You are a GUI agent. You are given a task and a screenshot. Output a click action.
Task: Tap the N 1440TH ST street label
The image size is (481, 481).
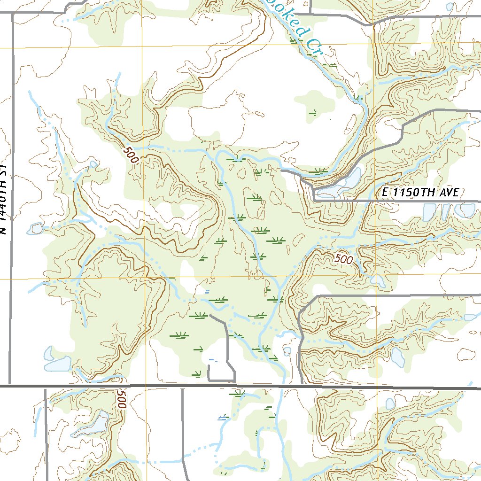pos(4,200)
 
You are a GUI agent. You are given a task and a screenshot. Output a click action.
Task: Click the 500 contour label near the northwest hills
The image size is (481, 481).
pos(131,155)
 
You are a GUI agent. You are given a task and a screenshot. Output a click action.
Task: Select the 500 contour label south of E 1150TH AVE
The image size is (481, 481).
pos(344,259)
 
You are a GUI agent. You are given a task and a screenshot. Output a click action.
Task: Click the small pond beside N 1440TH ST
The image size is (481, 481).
pos(36,229)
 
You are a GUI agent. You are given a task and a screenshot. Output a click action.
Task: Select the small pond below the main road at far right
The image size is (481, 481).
pos(390,403)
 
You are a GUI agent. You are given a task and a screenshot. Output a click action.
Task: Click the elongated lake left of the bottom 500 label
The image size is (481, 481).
pos(92,425)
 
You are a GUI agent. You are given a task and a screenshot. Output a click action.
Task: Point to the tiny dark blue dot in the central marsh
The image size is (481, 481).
pos(207,292)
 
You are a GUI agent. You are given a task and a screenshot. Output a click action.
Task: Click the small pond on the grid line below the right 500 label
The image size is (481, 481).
pos(377,280)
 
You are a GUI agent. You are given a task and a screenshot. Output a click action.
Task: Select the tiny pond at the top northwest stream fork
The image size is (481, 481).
pos(93,164)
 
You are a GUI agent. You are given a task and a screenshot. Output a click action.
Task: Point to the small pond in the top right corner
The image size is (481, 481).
pos(450,7)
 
